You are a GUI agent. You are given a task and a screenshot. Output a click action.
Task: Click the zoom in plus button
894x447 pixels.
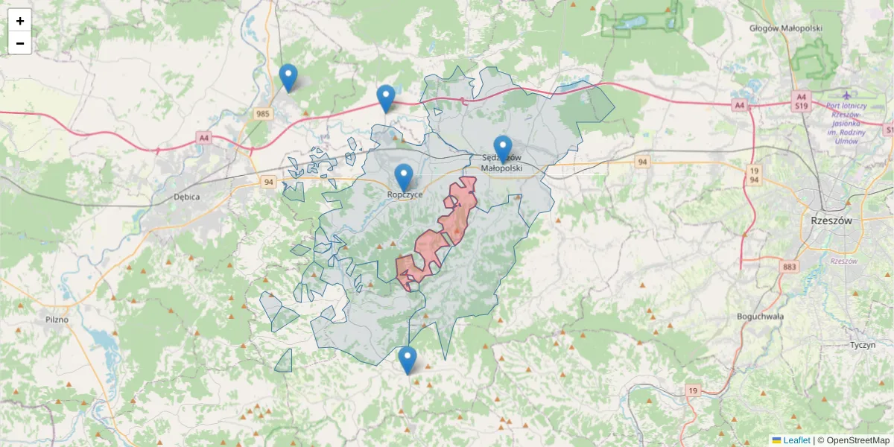click(x=20, y=21)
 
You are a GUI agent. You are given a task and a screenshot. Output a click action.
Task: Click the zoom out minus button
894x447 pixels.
click(x=20, y=43)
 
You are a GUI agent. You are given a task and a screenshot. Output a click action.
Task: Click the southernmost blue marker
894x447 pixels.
click(x=407, y=360)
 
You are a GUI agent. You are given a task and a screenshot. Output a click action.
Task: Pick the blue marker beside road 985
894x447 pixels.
click(x=288, y=77)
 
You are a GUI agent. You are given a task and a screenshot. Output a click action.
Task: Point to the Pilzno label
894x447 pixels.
click(x=57, y=320)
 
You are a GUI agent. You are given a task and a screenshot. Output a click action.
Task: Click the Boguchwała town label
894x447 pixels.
click(x=760, y=316)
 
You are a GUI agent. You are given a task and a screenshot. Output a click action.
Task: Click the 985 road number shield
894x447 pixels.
click(x=262, y=114)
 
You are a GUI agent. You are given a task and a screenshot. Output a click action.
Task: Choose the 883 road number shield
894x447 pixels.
click(x=790, y=267)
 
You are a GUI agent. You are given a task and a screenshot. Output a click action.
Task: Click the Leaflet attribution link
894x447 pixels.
click(x=796, y=440)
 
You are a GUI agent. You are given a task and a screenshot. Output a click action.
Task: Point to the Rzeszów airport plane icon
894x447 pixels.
click(x=846, y=95)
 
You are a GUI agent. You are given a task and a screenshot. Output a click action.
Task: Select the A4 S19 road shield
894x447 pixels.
click(x=801, y=101)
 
